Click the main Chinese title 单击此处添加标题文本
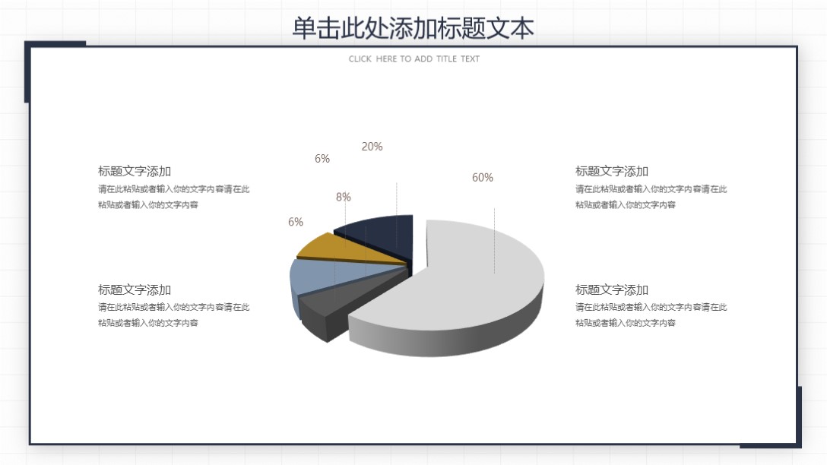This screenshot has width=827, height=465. tap(413, 28)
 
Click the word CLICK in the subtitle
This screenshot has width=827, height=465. tap(360, 59)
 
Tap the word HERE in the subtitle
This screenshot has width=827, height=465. tap(386, 59)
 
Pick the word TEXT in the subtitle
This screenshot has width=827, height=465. tap(471, 59)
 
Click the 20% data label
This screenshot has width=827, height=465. tap(372, 147)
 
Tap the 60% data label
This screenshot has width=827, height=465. tap(483, 178)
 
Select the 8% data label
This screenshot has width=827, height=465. tap(344, 197)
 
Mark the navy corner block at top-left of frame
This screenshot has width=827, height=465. tap(28, 72)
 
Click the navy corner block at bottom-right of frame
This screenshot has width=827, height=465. tap(798, 418)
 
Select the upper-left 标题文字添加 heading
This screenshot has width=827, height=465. tap(135, 172)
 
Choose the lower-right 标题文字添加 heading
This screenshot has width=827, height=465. tap(612, 290)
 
